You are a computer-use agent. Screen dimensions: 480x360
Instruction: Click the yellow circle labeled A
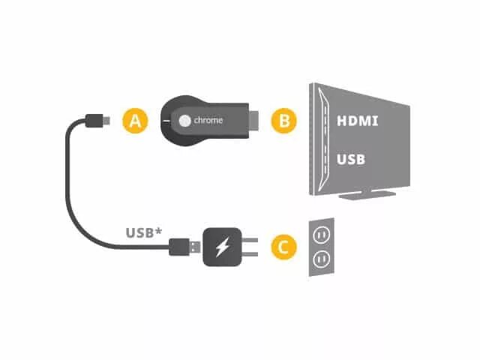(134, 120)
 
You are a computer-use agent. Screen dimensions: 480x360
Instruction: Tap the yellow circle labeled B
(284, 120)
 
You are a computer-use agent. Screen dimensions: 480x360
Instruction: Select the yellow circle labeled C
(283, 246)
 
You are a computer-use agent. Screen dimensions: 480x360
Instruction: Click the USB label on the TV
(351, 159)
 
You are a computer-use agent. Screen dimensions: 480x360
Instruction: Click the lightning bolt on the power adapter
(221, 247)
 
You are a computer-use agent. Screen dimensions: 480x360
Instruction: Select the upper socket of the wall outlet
(321, 235)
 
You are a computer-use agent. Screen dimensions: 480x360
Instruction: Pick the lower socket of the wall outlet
(321, 259)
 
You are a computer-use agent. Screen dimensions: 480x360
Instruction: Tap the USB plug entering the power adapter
(186, 246)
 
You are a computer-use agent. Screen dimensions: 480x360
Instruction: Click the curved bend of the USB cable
(75, 180)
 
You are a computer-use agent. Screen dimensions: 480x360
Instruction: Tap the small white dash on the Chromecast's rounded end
(166, 120)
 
